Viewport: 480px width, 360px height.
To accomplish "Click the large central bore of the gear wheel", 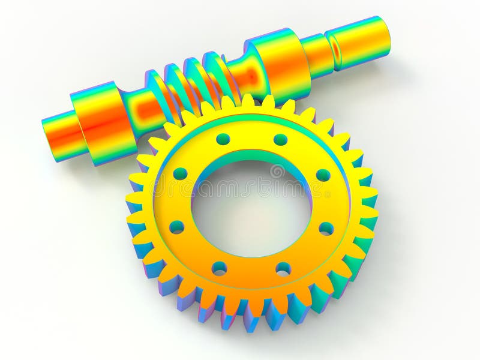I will click(x=251, y=205).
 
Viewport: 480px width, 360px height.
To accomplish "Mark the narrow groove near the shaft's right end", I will click(x=337, y=52).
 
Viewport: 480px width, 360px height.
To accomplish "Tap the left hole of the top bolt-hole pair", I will click(x=223, y=139).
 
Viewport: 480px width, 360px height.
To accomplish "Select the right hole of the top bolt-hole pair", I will click(x=280, y=140).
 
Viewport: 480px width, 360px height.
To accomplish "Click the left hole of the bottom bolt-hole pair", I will click(x=220, y=268).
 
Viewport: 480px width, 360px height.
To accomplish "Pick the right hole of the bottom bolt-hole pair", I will click(x=283, y=269).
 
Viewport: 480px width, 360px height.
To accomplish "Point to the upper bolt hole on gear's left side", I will click(x=180, y=174).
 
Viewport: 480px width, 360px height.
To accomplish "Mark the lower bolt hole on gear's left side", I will click(x=176, y=227).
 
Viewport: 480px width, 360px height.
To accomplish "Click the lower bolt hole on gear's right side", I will click(x=326, y=229).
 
